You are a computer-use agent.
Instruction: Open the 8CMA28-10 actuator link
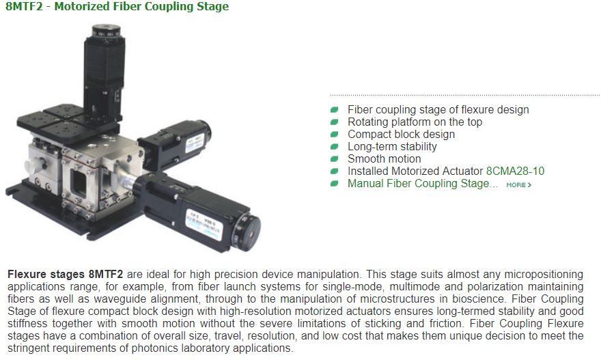pos(515,171)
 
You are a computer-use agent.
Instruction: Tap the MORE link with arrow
pos(518,185)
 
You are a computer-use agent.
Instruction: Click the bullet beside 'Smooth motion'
pos(334,159)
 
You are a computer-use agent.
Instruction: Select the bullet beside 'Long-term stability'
pos(334,147)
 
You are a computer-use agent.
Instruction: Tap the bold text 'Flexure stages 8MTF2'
pos(66,274)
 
